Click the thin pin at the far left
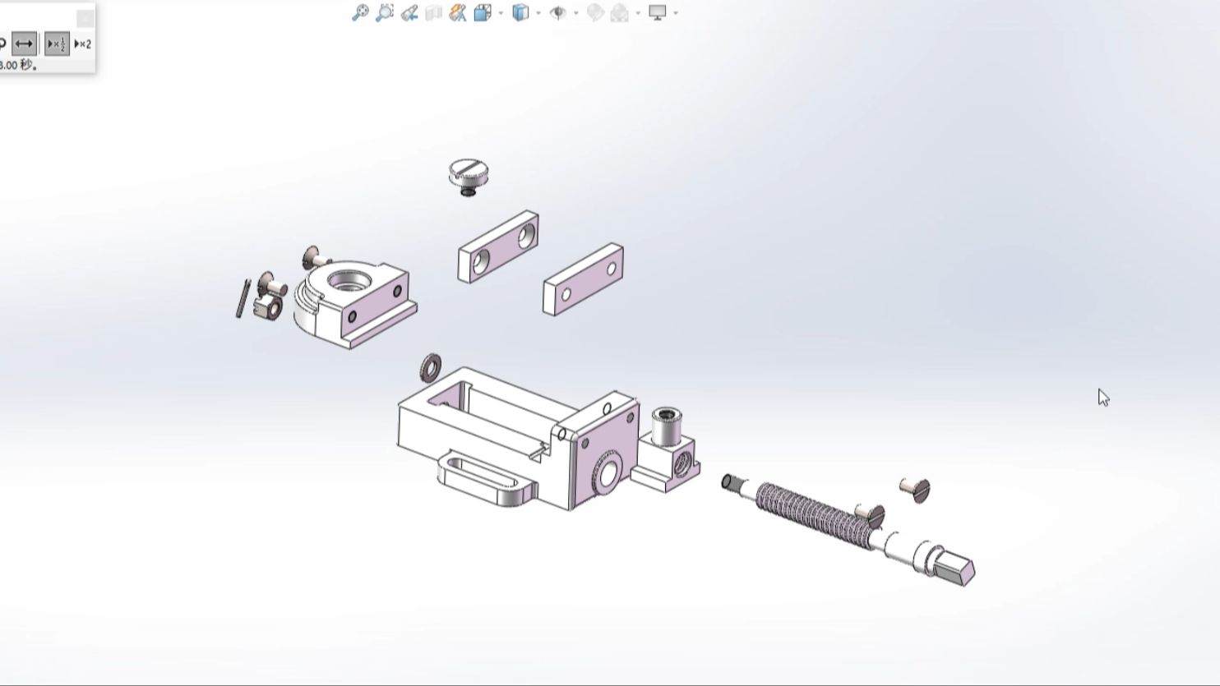[242, 298]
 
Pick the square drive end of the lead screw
[957, 568]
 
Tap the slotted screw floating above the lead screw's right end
[917, 490]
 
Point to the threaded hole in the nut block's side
[682, 465]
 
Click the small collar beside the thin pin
[267, 308]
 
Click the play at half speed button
[56, 44]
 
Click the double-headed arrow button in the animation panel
[25, 44]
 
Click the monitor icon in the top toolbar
[657, 12]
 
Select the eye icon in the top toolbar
[557, 12]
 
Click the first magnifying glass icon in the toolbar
[360, 12]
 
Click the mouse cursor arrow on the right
[1102, 397]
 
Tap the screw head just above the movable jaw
[312, 256]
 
